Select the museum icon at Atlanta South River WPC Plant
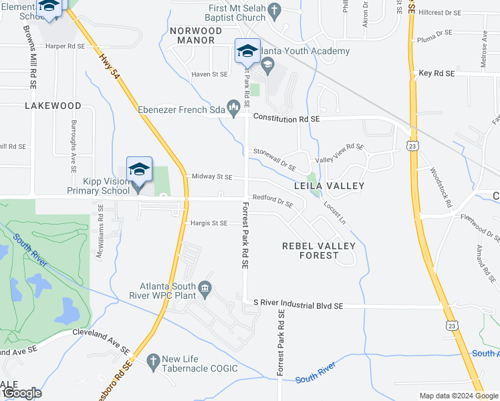coord(205,288)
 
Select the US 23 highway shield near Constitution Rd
coord(413,145)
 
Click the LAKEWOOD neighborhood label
coord(53,106)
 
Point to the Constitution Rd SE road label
coord(286,118)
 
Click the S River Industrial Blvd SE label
coord(299,305)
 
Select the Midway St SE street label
coord(212,177)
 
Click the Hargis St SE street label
coord(209,223)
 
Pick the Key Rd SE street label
coord(436,73)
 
